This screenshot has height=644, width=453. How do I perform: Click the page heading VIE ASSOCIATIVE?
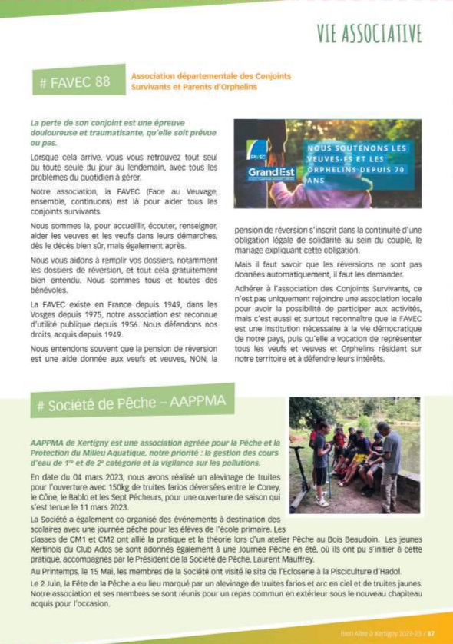(x=369, y=33)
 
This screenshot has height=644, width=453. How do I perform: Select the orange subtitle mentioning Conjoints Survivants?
(x=210, y=81)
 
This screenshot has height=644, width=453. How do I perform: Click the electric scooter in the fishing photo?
(x=302, y=483)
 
